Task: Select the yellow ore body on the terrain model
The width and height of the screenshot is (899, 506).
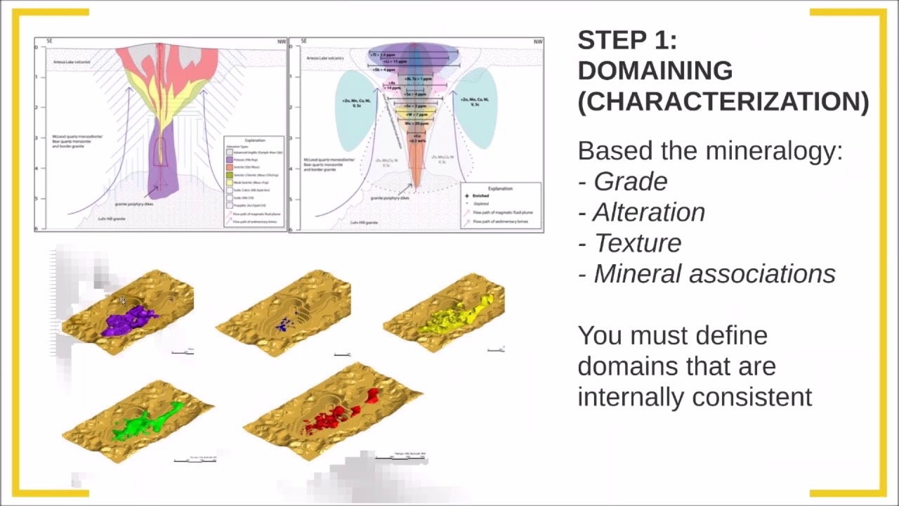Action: point(457,316)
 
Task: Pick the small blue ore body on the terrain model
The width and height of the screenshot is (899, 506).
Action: point(284,324)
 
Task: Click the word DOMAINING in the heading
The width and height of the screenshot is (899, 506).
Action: point(655,71)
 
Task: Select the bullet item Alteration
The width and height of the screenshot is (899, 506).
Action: point(649,212)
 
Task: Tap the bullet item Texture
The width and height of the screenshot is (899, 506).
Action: point(637,243)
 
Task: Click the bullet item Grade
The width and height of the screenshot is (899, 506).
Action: point(630,181)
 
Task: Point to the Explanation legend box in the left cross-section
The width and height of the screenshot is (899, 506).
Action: point(254,180)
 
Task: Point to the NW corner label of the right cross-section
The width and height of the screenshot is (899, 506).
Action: point(537,41)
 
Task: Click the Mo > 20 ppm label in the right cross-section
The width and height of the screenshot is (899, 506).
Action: point(416,123)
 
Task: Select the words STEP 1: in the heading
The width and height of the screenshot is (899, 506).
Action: point(626,41)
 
